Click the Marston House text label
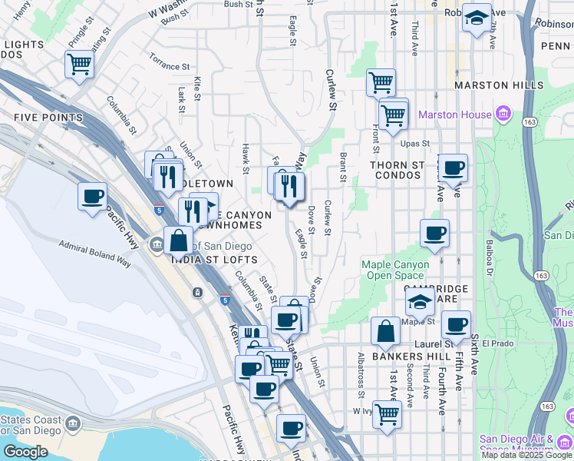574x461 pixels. (454, 115)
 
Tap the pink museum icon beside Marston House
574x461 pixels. (503, 115)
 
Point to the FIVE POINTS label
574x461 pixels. (48, 118)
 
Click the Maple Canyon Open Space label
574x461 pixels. (391, 270)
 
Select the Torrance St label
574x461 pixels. (169, 62)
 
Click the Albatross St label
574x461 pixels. (361, 376)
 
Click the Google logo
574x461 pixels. (25, 452)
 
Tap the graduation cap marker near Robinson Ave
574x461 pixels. (477, 18)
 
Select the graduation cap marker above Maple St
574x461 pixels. (420, 303)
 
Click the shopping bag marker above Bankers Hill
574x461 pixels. (385, 332)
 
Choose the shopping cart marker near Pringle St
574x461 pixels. (79, 65)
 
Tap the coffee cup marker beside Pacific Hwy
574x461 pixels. (92, 196)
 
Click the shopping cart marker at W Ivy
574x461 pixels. (387, 413)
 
